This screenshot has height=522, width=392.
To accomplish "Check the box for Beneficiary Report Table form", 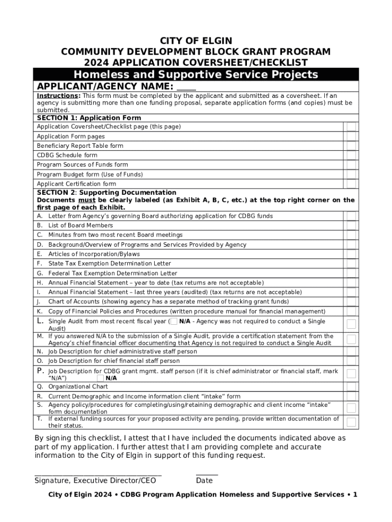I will click(351, 146).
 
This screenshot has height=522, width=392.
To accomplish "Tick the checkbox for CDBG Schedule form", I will click(351, 155).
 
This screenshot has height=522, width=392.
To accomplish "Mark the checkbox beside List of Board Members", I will click(351, 225).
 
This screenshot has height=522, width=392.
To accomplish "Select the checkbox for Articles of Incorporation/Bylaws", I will click(351, 254).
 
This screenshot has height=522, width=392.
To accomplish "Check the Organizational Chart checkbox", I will click(351, 387).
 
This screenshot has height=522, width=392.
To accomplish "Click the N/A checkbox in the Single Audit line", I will click(174, 322).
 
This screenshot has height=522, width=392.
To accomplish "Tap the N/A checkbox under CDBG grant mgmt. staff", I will click(100, 378).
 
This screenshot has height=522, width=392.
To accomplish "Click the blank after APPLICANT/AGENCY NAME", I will click(186, 87).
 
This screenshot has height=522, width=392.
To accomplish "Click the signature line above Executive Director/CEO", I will click(98, 474).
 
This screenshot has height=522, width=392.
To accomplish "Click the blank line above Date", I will click(207, 474).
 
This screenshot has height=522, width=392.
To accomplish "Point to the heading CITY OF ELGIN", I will click(196, 41).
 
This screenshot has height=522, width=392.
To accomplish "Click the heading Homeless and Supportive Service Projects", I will click(196, 75).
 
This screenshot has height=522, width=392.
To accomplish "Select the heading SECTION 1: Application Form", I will click(89, 118).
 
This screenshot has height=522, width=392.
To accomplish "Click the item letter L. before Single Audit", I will click(40, 321).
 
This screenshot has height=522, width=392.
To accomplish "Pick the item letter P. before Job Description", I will click(40, 371).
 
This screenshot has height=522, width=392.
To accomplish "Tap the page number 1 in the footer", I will click(355, 495).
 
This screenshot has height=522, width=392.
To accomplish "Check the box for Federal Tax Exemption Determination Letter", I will click(351, 273).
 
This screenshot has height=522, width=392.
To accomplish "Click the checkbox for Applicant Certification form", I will click(351, 184).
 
